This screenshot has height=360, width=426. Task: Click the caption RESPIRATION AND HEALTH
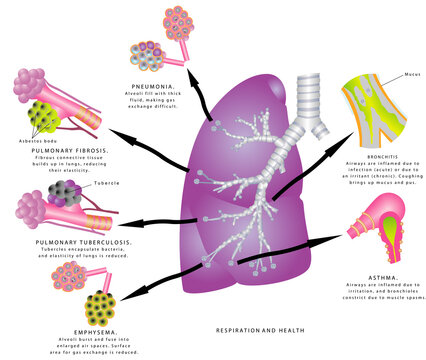[255, 328]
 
